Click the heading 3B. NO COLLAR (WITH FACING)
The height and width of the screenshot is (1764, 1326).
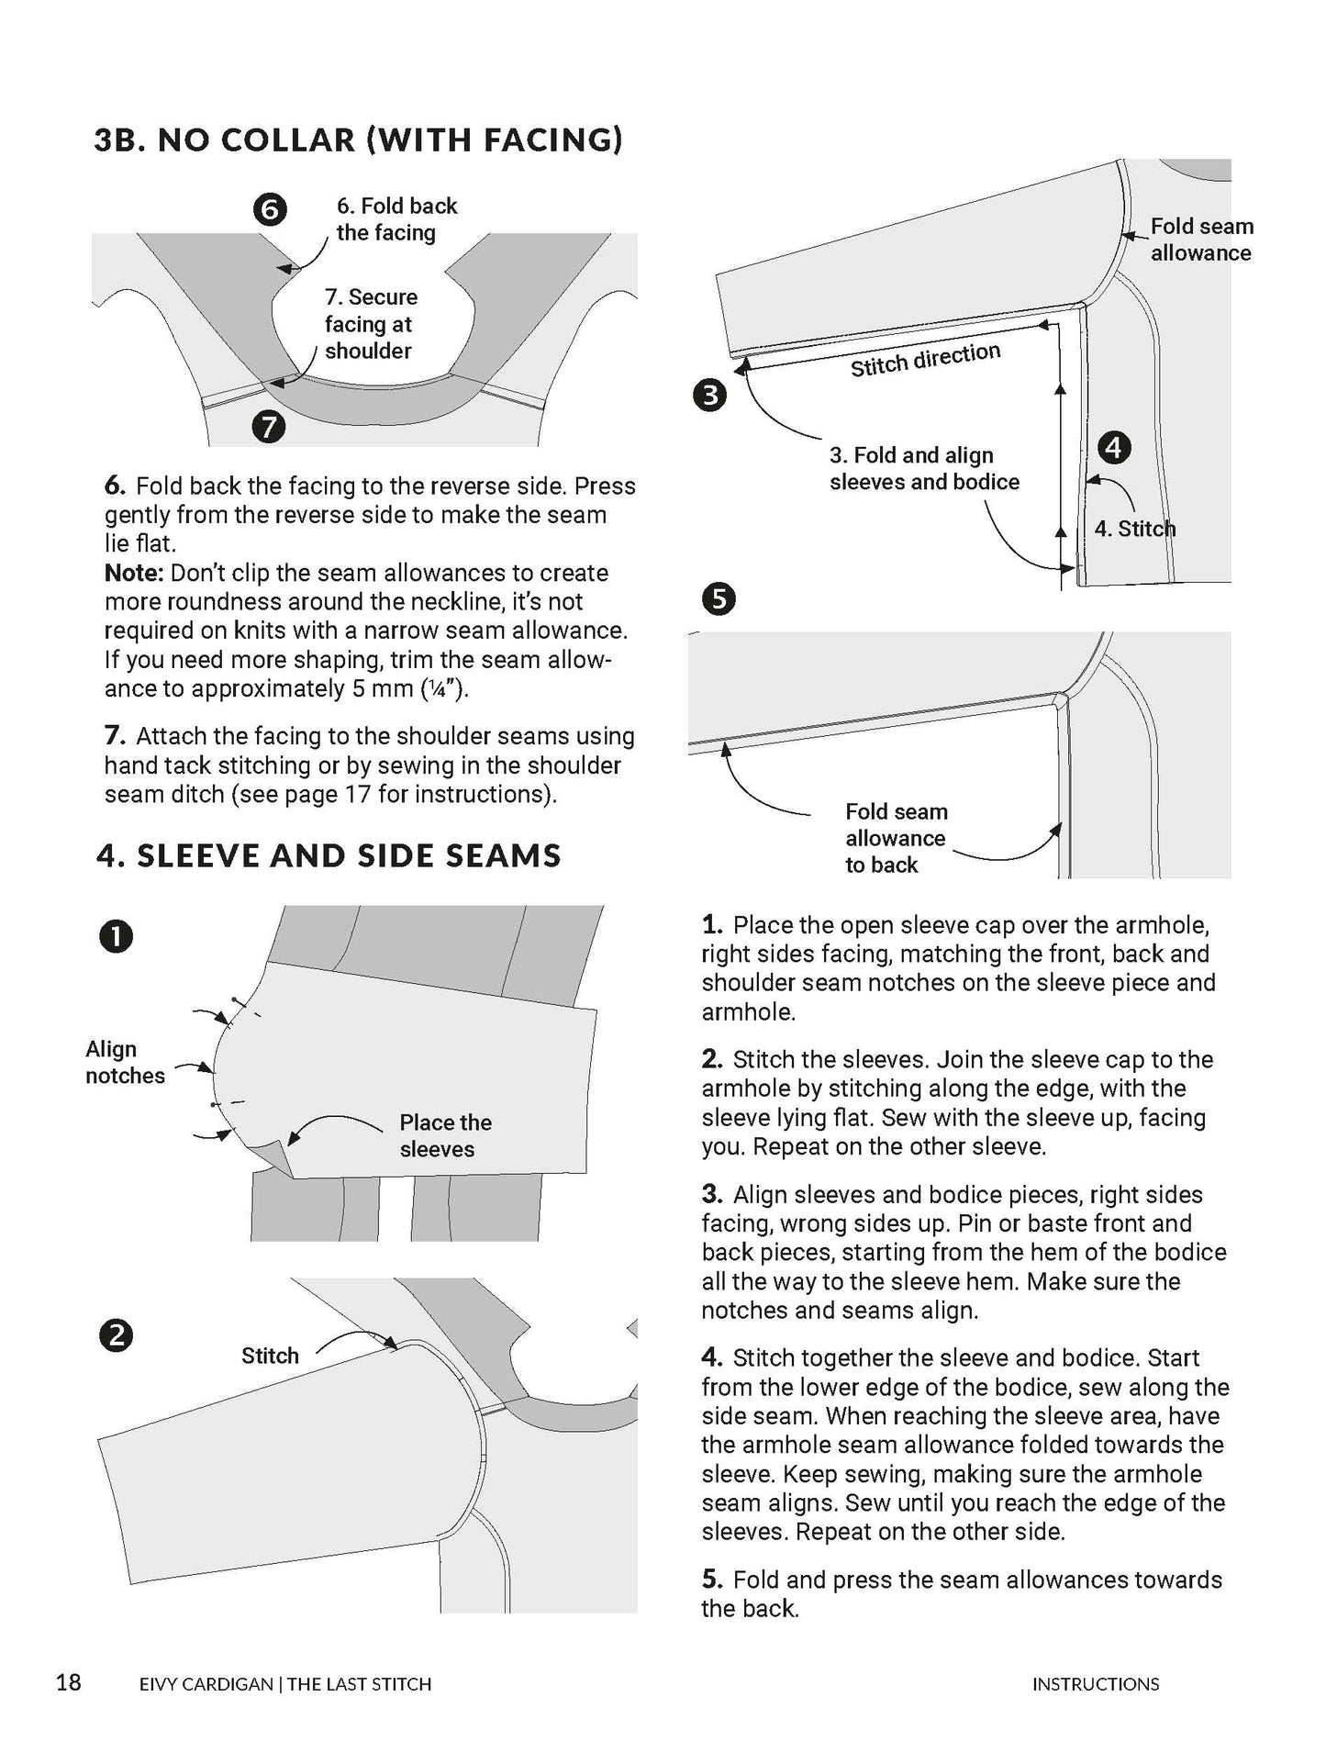(x=359, y=140)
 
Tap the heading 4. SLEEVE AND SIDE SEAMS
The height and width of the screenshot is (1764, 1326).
(x=329, y=855)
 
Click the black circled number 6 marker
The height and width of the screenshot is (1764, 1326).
(x=269, y=210)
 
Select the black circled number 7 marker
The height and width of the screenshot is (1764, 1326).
(x=268, y=427)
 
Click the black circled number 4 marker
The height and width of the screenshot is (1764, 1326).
(x=1114, y=448)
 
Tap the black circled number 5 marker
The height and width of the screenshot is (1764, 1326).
(x=719, y=599)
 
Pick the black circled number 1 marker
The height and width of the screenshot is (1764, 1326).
(x=116, y=936)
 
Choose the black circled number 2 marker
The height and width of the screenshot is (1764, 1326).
(x=116, y=1335)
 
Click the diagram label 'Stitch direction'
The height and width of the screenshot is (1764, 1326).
(x=925, y=360)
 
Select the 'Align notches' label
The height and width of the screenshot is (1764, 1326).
(x=124, y=1062)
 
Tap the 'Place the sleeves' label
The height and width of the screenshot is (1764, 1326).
(x=445, y=1135)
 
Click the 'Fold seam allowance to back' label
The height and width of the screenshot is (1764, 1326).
(x=895, y=838)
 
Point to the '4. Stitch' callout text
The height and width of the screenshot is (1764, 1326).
(x=1134, y=529)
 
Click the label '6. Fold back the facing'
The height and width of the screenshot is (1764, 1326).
(x=396, y=218)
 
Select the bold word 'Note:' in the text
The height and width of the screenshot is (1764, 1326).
(x=133, y=573)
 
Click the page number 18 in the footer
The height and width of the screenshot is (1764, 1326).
(x=69, y=1681)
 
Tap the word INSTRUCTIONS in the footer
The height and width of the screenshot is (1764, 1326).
(x=1095, y=1683)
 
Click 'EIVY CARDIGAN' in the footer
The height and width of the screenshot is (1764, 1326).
(x=206, y=1683)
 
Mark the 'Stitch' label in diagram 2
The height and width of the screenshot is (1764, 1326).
(x=270, y=1356)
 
